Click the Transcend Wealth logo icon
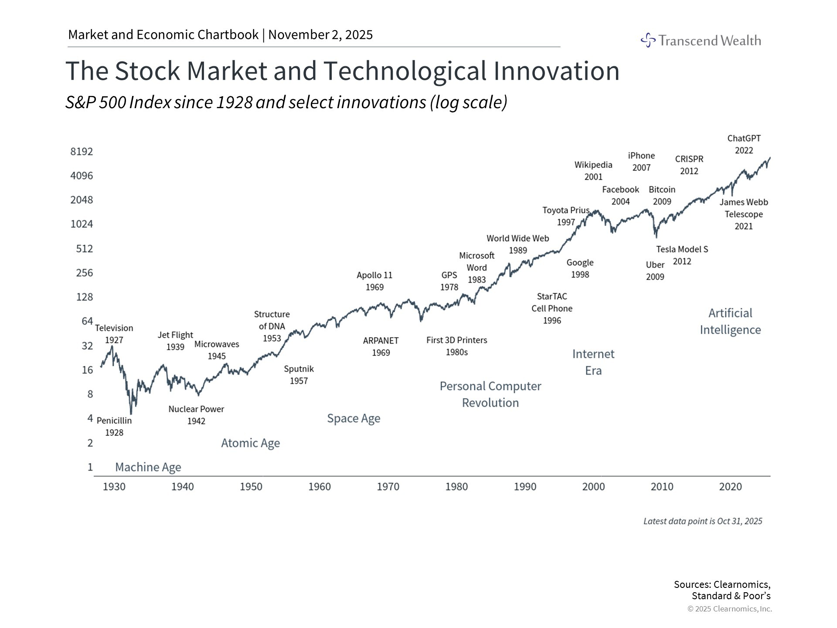pos(648,40)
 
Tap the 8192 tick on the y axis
pos(82,151)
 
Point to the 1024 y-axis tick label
pos(82,224)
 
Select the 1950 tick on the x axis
pos(251,487)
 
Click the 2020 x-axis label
pos(730,487)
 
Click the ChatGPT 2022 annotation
pos(744,144)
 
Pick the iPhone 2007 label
pos(641,161)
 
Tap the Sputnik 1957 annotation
pos(299,375)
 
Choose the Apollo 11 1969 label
pos(374,281)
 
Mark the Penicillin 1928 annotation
pos(114,427)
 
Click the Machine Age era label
pos(148,467)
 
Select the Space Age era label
pos(354,419)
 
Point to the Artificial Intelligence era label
pos(730,321)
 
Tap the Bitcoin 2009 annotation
pos(662,195)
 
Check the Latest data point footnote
pos(703,521)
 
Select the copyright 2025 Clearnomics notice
pos(729,609)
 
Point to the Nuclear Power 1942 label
pos(196,415)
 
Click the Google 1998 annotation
pos(580,268)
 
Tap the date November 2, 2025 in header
pos(320,35)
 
